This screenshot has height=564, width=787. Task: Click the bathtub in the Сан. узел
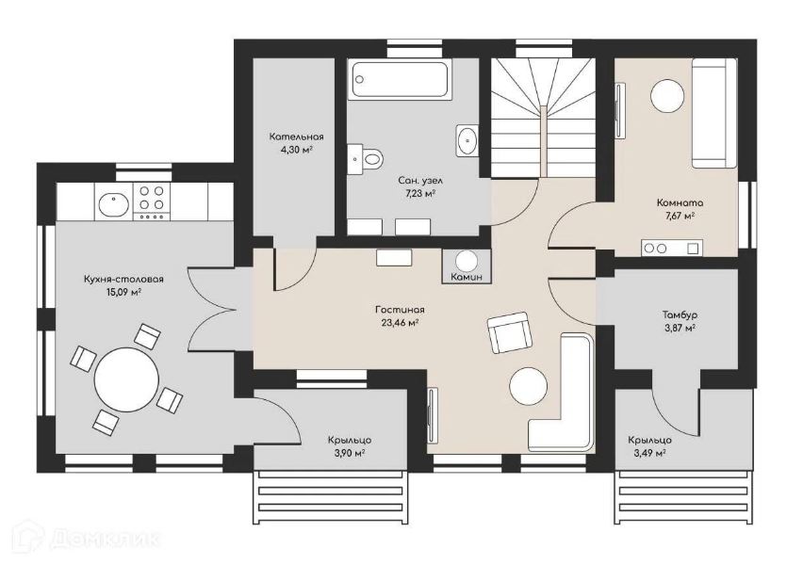(400, 79)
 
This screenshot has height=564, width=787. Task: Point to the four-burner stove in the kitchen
(151, 201)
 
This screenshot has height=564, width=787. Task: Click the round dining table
(126, 379)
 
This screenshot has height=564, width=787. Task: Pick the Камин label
(467, 276)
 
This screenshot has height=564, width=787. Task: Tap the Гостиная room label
(400, 310)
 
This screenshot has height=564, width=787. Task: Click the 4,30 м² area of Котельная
(296, 150)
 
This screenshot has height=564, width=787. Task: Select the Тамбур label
(680, 315)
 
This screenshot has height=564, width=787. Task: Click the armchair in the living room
(510, 333)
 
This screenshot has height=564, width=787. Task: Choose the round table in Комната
(667, 96)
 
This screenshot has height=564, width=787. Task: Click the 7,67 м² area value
(680, 216)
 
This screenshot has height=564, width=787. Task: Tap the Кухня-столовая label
(123, 280)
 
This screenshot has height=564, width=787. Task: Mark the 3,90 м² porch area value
(350, 453)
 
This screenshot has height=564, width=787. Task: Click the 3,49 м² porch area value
(650, 453)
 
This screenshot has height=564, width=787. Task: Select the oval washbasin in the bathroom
(467, 140)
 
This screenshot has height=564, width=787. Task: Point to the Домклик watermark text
(105, 539)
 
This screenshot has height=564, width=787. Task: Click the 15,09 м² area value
(123, 292)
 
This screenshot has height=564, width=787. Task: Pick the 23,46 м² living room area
(400, 323)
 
